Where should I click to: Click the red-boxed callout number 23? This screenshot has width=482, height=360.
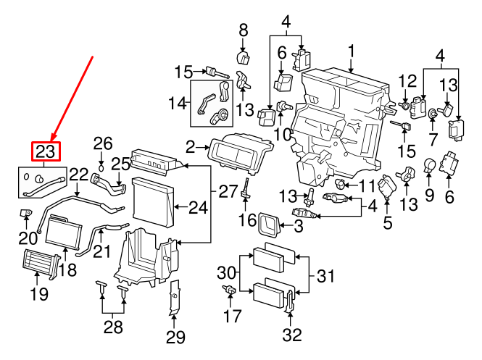tap(46, 151)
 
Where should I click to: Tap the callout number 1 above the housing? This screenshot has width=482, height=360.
tap(351, 51)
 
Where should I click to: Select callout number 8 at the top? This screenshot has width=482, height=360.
tap(243, 30)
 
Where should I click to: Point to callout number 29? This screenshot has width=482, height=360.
tap(175, 337)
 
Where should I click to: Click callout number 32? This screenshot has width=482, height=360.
tap(291, 335)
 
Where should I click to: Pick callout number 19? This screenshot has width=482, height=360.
tap(38, 293)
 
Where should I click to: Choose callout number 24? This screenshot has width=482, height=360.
tap(198, 208)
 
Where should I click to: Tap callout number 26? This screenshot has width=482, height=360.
tap(103, 143)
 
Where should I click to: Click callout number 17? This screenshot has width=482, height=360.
tap(232, 316)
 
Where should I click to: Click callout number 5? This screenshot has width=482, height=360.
tap(388, 223)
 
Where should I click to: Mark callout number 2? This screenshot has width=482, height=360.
tap(190, 148)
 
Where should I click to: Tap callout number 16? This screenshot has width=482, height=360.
tap(247, 220)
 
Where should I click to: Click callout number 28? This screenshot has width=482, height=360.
tap(112, 327)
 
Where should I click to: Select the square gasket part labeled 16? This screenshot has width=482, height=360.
tap(270, 226)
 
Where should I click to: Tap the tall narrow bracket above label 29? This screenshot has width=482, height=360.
tap(174, 299)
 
